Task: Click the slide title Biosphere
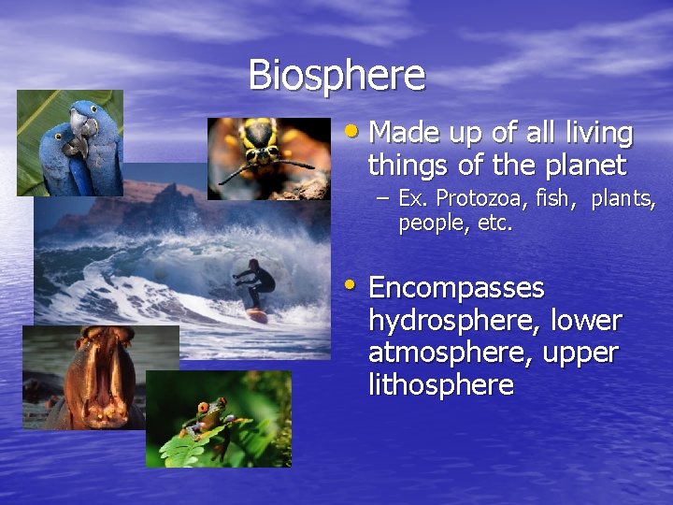[336, 75]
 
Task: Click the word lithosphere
[441, 384]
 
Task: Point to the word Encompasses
[456, 287]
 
